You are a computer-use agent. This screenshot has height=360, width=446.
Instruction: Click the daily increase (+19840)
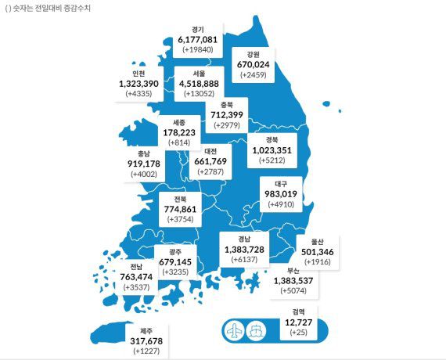point(197,49)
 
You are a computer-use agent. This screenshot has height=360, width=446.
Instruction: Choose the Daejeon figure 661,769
point(210,162)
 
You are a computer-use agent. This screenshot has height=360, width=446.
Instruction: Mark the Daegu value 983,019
point(279,194)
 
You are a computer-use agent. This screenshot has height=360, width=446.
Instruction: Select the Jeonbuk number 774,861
point(181,210)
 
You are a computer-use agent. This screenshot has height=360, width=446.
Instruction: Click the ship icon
point(255,329)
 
